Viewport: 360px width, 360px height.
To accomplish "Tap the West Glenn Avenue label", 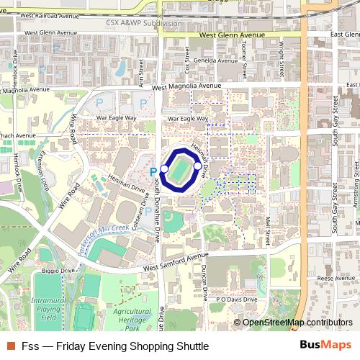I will click(233, 35).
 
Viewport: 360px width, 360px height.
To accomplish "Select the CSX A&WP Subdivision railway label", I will click(144, 22).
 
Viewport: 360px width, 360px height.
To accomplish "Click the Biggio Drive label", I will click(58, 271).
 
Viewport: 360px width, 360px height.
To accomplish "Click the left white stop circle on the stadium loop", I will click(164, 168).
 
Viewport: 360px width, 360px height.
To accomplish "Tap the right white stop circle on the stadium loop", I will click(198, 165).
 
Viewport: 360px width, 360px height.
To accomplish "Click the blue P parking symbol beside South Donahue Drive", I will click(153, 171).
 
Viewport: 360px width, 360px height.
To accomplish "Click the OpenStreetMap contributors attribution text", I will click(297, 323).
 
